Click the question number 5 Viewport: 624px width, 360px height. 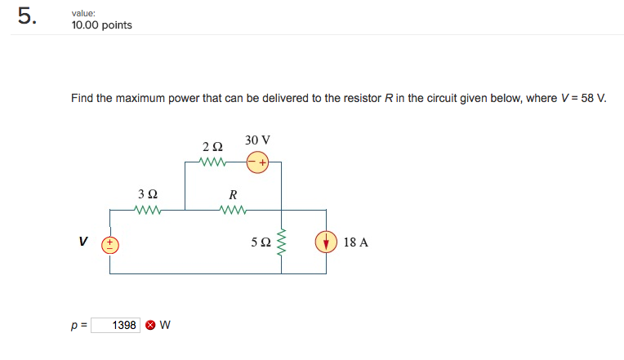[x=26, y=18]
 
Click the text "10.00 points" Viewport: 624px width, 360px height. [x=101, y=25]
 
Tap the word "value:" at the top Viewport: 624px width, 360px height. [x=84, y=12]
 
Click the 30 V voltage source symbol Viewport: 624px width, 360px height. [x=258, y=162]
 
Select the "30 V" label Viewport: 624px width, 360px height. [x=256, y=140]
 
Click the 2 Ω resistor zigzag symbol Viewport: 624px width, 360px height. [x=212, y=162]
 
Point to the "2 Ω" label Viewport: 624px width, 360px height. [x=212, y=146]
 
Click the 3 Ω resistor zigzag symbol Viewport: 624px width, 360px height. [x=148, y=209]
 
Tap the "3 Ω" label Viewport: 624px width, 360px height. [x=148, y=194]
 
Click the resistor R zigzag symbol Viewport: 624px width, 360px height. [x=233, y=209]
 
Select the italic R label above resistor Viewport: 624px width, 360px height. [x=233, y=194]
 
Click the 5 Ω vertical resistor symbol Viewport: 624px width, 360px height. [x=282, y=242]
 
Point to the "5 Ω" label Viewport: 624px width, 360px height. [x=261, y=242]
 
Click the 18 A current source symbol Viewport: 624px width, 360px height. [x=325, y=242]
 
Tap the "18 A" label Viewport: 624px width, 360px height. [x=356, y=242]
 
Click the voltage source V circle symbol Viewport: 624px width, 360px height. [x=110, y=243]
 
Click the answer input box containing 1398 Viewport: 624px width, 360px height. [x=115, y=326]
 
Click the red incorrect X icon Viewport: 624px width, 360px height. [x=150, y=326]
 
